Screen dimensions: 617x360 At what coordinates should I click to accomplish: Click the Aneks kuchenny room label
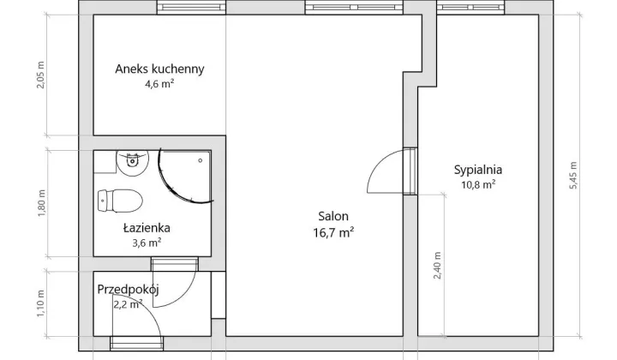159,69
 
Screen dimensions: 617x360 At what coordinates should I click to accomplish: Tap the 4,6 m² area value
159,83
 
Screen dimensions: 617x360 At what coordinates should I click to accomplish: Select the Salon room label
333,216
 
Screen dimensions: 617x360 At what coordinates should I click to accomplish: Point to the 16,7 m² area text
333,232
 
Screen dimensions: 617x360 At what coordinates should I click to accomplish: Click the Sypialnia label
478,170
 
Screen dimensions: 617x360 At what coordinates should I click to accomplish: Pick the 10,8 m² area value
478,184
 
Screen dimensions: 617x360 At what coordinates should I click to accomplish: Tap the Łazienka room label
147,228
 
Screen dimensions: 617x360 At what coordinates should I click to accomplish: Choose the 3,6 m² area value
147,243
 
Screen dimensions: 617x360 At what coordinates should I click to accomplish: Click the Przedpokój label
128,290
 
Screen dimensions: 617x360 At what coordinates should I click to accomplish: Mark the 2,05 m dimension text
41,75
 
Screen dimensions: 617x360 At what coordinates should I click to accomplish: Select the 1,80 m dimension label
42,203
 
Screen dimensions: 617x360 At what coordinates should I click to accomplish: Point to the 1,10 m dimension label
41,303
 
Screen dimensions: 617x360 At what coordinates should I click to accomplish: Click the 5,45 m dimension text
573,176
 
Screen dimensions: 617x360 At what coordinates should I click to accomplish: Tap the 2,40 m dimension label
437,265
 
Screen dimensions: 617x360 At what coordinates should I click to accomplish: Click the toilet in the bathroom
120,201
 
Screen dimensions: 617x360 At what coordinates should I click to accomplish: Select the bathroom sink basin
133,162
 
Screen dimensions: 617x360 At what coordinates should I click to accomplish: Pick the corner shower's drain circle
201,160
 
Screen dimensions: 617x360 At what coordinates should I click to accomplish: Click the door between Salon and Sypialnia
410,171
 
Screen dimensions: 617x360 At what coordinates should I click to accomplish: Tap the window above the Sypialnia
470,7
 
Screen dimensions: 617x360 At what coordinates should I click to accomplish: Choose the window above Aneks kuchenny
191,7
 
